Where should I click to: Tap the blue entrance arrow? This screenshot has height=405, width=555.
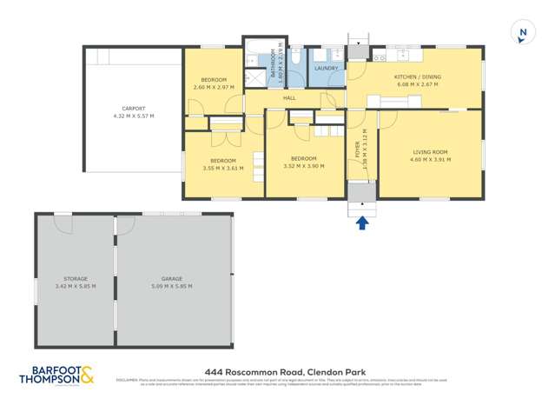pyautogui.click(x=362, y=222)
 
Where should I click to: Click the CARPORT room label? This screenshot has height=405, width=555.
pyautogui.click(x=133, y=110)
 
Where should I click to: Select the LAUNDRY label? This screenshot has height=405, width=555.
pyautogui.click(x=326, y=68)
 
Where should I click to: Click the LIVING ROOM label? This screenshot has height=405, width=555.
pyautogui.click(x=430, y=153)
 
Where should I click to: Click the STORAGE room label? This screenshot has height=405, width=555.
pyautogui.click(x=75, y=278)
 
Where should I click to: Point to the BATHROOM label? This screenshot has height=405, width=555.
pyautogui.click(x=273, y=65)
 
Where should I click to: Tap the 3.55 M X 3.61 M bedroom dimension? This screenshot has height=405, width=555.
pyautogui.click(x=221, y=168)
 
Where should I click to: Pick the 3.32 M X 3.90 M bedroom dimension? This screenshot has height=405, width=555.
pyautogui.click(x=303, y=165)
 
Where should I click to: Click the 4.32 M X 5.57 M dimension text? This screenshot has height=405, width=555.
pyautogui.click(x=133, y=116)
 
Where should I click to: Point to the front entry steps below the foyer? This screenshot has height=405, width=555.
pyautogui.click(x=361, y=203)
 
